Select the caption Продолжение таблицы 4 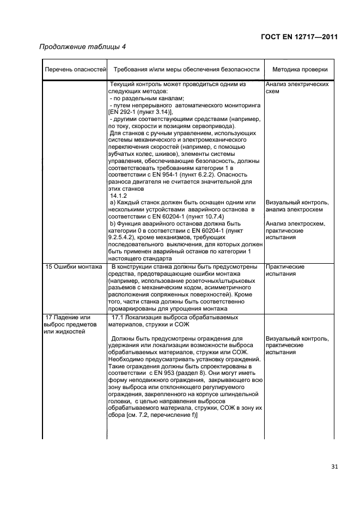point(83,47)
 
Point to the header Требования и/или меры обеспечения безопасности point(186,70)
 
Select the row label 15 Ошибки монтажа point(74,267)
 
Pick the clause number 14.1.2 point(119,196)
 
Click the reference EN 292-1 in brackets point(126,111)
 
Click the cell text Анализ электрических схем point(297,88)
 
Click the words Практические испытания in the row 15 point(284,270)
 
